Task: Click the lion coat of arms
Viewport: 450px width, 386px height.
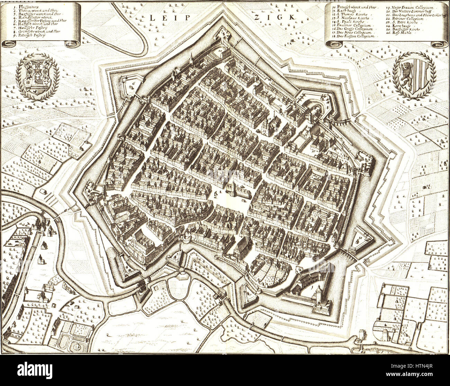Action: tap(414, 75)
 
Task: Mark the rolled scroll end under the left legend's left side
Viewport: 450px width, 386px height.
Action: tap(9, 44)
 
